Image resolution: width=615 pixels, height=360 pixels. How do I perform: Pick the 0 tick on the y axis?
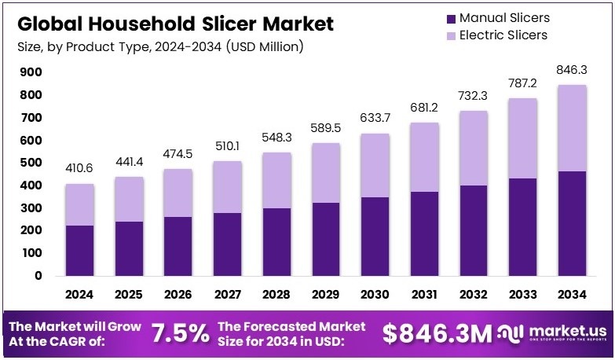[37, 276]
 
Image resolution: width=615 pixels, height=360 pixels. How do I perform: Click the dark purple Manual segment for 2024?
[79, 250]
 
